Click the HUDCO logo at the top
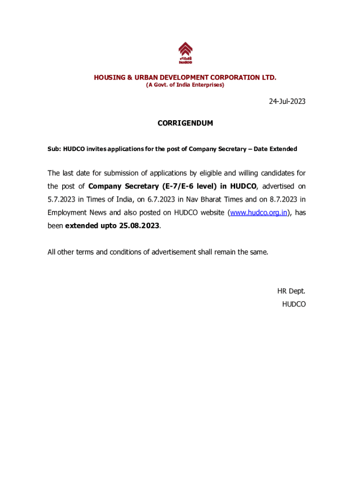pos(185,53)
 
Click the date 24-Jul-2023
pos(287,101)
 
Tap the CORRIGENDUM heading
pos(185,123)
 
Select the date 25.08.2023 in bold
pos(139,225)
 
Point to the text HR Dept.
pos(291,291)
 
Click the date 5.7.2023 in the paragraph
pos(61,199)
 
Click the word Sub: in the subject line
pos(54,149)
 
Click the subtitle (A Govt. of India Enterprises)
pos(185,85)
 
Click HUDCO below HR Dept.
pos(294,304)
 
